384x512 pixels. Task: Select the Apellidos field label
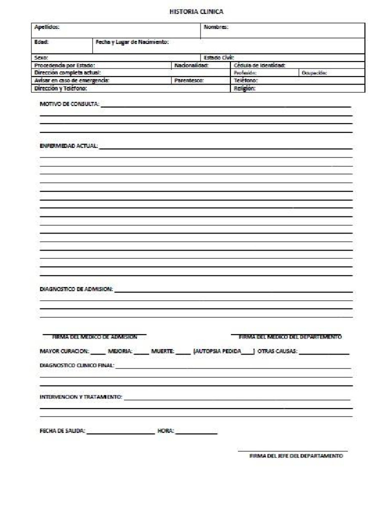click(46, 27)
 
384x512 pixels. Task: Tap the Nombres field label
click(216, 27)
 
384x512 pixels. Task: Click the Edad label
click(41, 42)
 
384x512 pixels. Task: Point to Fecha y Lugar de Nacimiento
click(132, 42)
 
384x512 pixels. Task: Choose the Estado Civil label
click(219, 57)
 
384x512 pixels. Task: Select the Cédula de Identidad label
click(259, 65)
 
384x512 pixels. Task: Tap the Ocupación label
click(314, 72)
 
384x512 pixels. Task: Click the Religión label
click(245, 88)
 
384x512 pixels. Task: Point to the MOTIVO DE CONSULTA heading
click(69, 104)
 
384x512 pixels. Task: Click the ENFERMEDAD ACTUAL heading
click(69, 146)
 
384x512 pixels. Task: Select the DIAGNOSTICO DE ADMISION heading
click(76, 289)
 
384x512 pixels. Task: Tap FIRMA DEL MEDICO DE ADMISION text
click(94, 337)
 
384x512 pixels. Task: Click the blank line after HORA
click(196, 432)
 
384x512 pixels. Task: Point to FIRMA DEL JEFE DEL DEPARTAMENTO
click(296, 456)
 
